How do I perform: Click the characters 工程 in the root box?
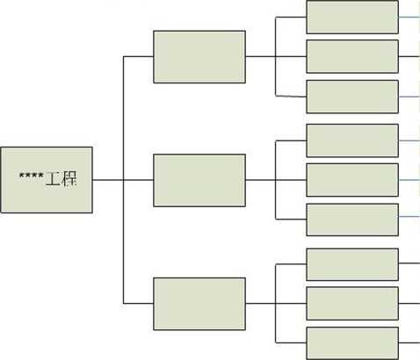(x=62, y=178)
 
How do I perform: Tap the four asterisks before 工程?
(x=32, y=176)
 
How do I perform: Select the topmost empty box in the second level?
(x=199, y=57)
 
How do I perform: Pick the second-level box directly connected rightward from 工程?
(x=199, y=180)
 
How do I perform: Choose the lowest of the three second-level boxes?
(x=199, y=304)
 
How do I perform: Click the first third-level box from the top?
(x=352, y=17)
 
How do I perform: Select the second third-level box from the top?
(x=352, y=56)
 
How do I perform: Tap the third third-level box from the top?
(x=352, y=97)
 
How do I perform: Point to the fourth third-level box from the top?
(x=352, y=140)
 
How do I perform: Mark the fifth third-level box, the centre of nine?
(x=352, y=180)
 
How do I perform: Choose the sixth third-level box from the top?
(x=352, y=220)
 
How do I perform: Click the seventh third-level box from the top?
(x=352, y=264)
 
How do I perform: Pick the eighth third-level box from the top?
(x=352, y=304)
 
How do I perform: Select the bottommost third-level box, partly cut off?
(x=352, y=343)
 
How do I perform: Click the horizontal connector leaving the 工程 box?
(x=108, y=180)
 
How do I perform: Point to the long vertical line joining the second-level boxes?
(x=123, y=180)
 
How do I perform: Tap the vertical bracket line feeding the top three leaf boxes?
(x=276, y=56)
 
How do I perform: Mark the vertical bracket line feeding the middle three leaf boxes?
(x=276, y=180)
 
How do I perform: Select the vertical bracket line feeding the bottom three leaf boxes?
(x=276, y=304)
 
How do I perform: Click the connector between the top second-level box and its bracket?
(x=260, y=56)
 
